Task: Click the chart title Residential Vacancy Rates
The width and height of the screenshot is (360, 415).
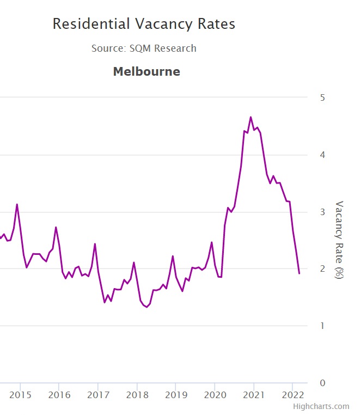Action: pyautogui.click(x=144, y=24)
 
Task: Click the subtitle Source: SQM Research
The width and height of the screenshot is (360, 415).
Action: pyautogui.click(x=144, y=48)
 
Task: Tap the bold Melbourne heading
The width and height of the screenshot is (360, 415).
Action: pyautogui.click(x=146, y=71)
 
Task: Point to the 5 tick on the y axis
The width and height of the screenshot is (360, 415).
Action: pyautogui.click(x=322, y=97)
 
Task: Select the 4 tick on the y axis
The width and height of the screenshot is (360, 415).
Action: pyautogui.click(x=322, y=155)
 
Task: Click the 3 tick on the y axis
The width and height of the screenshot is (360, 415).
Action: pyautogui.click(x=322, y=212)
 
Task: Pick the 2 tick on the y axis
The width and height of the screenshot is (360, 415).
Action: pyautogui.click(x=322, y=269)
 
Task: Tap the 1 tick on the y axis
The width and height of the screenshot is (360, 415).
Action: pyautogui.click(x=322, y=326)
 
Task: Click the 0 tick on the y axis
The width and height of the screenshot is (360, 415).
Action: pyautogui.click(x=322, y=383)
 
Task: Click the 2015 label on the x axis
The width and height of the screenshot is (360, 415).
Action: pyautogui.click(x=20, y=394)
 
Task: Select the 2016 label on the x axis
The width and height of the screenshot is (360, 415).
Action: pyautogui.click(x=59, y=394)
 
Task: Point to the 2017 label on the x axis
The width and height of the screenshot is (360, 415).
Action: pyautogui.click(x=97, y=394)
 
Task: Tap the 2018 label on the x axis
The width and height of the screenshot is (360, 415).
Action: pyautogui.click(x=137, y=394)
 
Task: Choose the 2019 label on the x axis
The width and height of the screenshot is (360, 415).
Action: pyautogui.click(x=175, y=394)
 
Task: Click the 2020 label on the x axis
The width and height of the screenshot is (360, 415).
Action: pyautogui.click(x=215, y=394)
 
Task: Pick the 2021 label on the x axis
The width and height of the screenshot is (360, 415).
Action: pyautogui.click(x=253, y=394)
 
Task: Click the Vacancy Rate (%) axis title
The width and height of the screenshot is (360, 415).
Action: pyautogui.click(x=339, y=240)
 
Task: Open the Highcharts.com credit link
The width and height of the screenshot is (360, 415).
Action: pyautogui.click(x=321, y=406)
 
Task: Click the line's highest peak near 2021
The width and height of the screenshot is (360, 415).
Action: pyautogui.click(x=251, y=117)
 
